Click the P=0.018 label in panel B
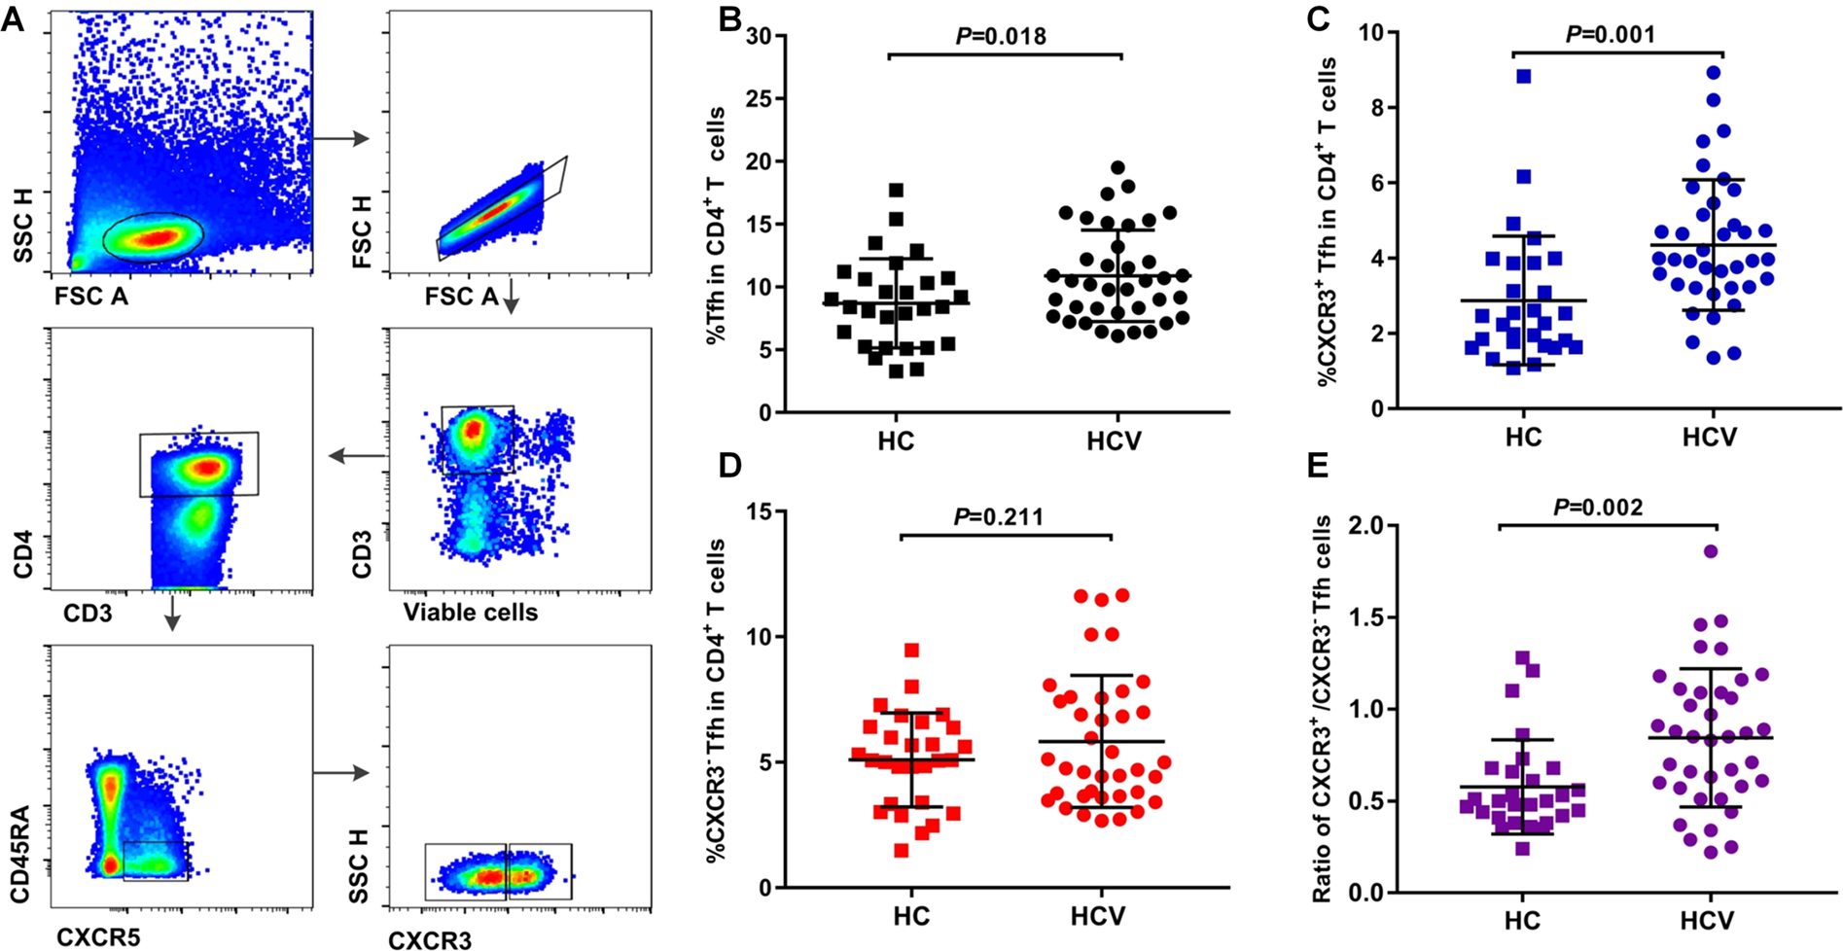(1001, 37)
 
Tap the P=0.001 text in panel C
(1610, 35)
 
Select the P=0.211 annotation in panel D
(999, 515)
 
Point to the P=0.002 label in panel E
(1598, 507)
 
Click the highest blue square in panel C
(1524, 77)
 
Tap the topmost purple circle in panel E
(1711, 551)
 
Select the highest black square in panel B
(896, 190)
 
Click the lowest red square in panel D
(902, 851)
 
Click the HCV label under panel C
(1709, 437)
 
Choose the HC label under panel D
(911, 915)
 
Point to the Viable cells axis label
(471, 613)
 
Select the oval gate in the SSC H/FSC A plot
(153, 237)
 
